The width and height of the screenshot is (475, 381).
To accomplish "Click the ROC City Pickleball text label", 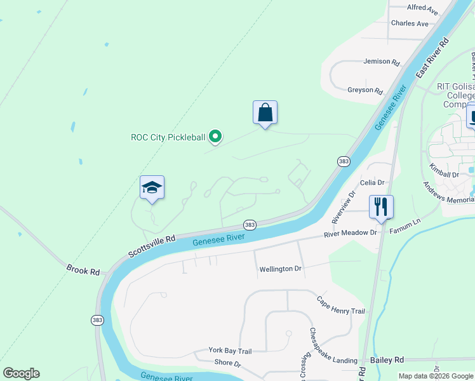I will [168, 137].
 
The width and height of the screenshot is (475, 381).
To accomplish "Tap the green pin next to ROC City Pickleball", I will [215, 136].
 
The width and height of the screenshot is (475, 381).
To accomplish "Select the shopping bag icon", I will [265, 113].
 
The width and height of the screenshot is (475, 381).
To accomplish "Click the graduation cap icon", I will [152, 188].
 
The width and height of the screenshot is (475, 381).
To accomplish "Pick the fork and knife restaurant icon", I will [381, 207].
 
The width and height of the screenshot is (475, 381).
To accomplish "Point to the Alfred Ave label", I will [422, 8].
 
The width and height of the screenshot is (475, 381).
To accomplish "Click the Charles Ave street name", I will [410, 23].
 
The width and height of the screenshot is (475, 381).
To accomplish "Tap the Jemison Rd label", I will [381, 62].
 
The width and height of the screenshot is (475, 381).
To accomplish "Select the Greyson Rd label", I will [365, 90].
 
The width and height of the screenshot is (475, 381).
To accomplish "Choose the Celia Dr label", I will [373, 183].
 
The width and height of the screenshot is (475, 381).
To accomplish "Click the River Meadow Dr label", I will [350, 233].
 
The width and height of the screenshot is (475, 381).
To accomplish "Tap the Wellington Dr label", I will [280, 269].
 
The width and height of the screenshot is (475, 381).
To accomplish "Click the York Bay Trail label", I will [231, 351].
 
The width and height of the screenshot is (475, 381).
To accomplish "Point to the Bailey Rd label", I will [387, 359].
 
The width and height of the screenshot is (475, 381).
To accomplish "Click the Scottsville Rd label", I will [151, 246].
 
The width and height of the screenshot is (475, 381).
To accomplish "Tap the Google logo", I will [21, 373].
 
